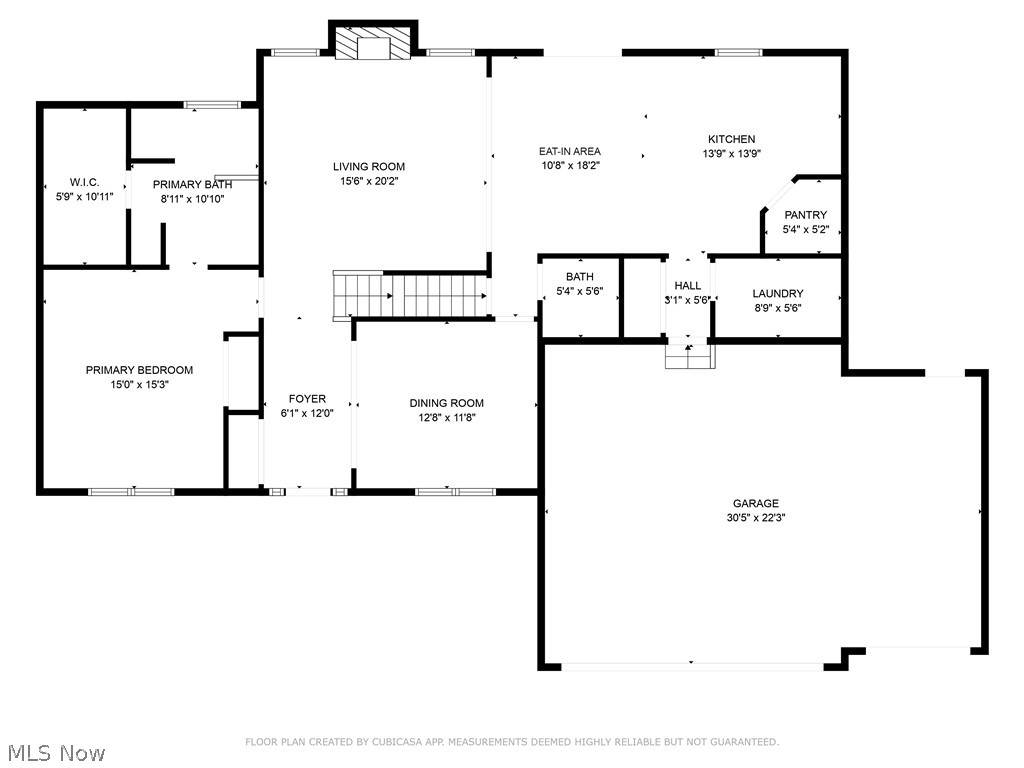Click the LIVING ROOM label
coord(369,167)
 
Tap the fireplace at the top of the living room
coord(372,44)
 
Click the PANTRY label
coord(805,215)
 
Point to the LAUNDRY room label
coord(777,294)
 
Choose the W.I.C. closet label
coord(84,182)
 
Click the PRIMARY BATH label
coord(192,184)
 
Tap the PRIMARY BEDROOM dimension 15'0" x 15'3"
coord(139,384)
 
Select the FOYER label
coord(307,399)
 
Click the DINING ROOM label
coord(446,404)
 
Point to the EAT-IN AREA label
coord(570,152)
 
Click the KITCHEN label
coord(731,139)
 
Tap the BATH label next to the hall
coord(579,277)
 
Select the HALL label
coord(687,286)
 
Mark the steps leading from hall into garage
coord(690,355)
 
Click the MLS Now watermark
coord(55,752)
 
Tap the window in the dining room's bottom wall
coord(455,491)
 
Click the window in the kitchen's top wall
coord(738,52)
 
